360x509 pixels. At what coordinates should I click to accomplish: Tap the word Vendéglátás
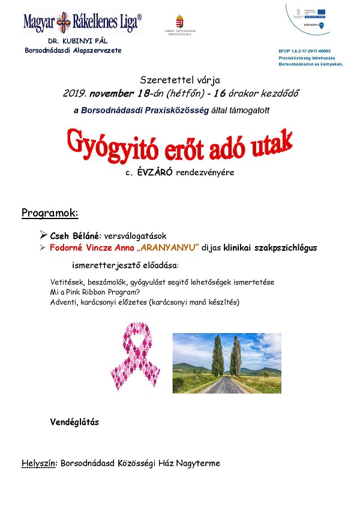click(75, 422)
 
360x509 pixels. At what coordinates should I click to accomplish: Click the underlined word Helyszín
click(37, 463)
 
